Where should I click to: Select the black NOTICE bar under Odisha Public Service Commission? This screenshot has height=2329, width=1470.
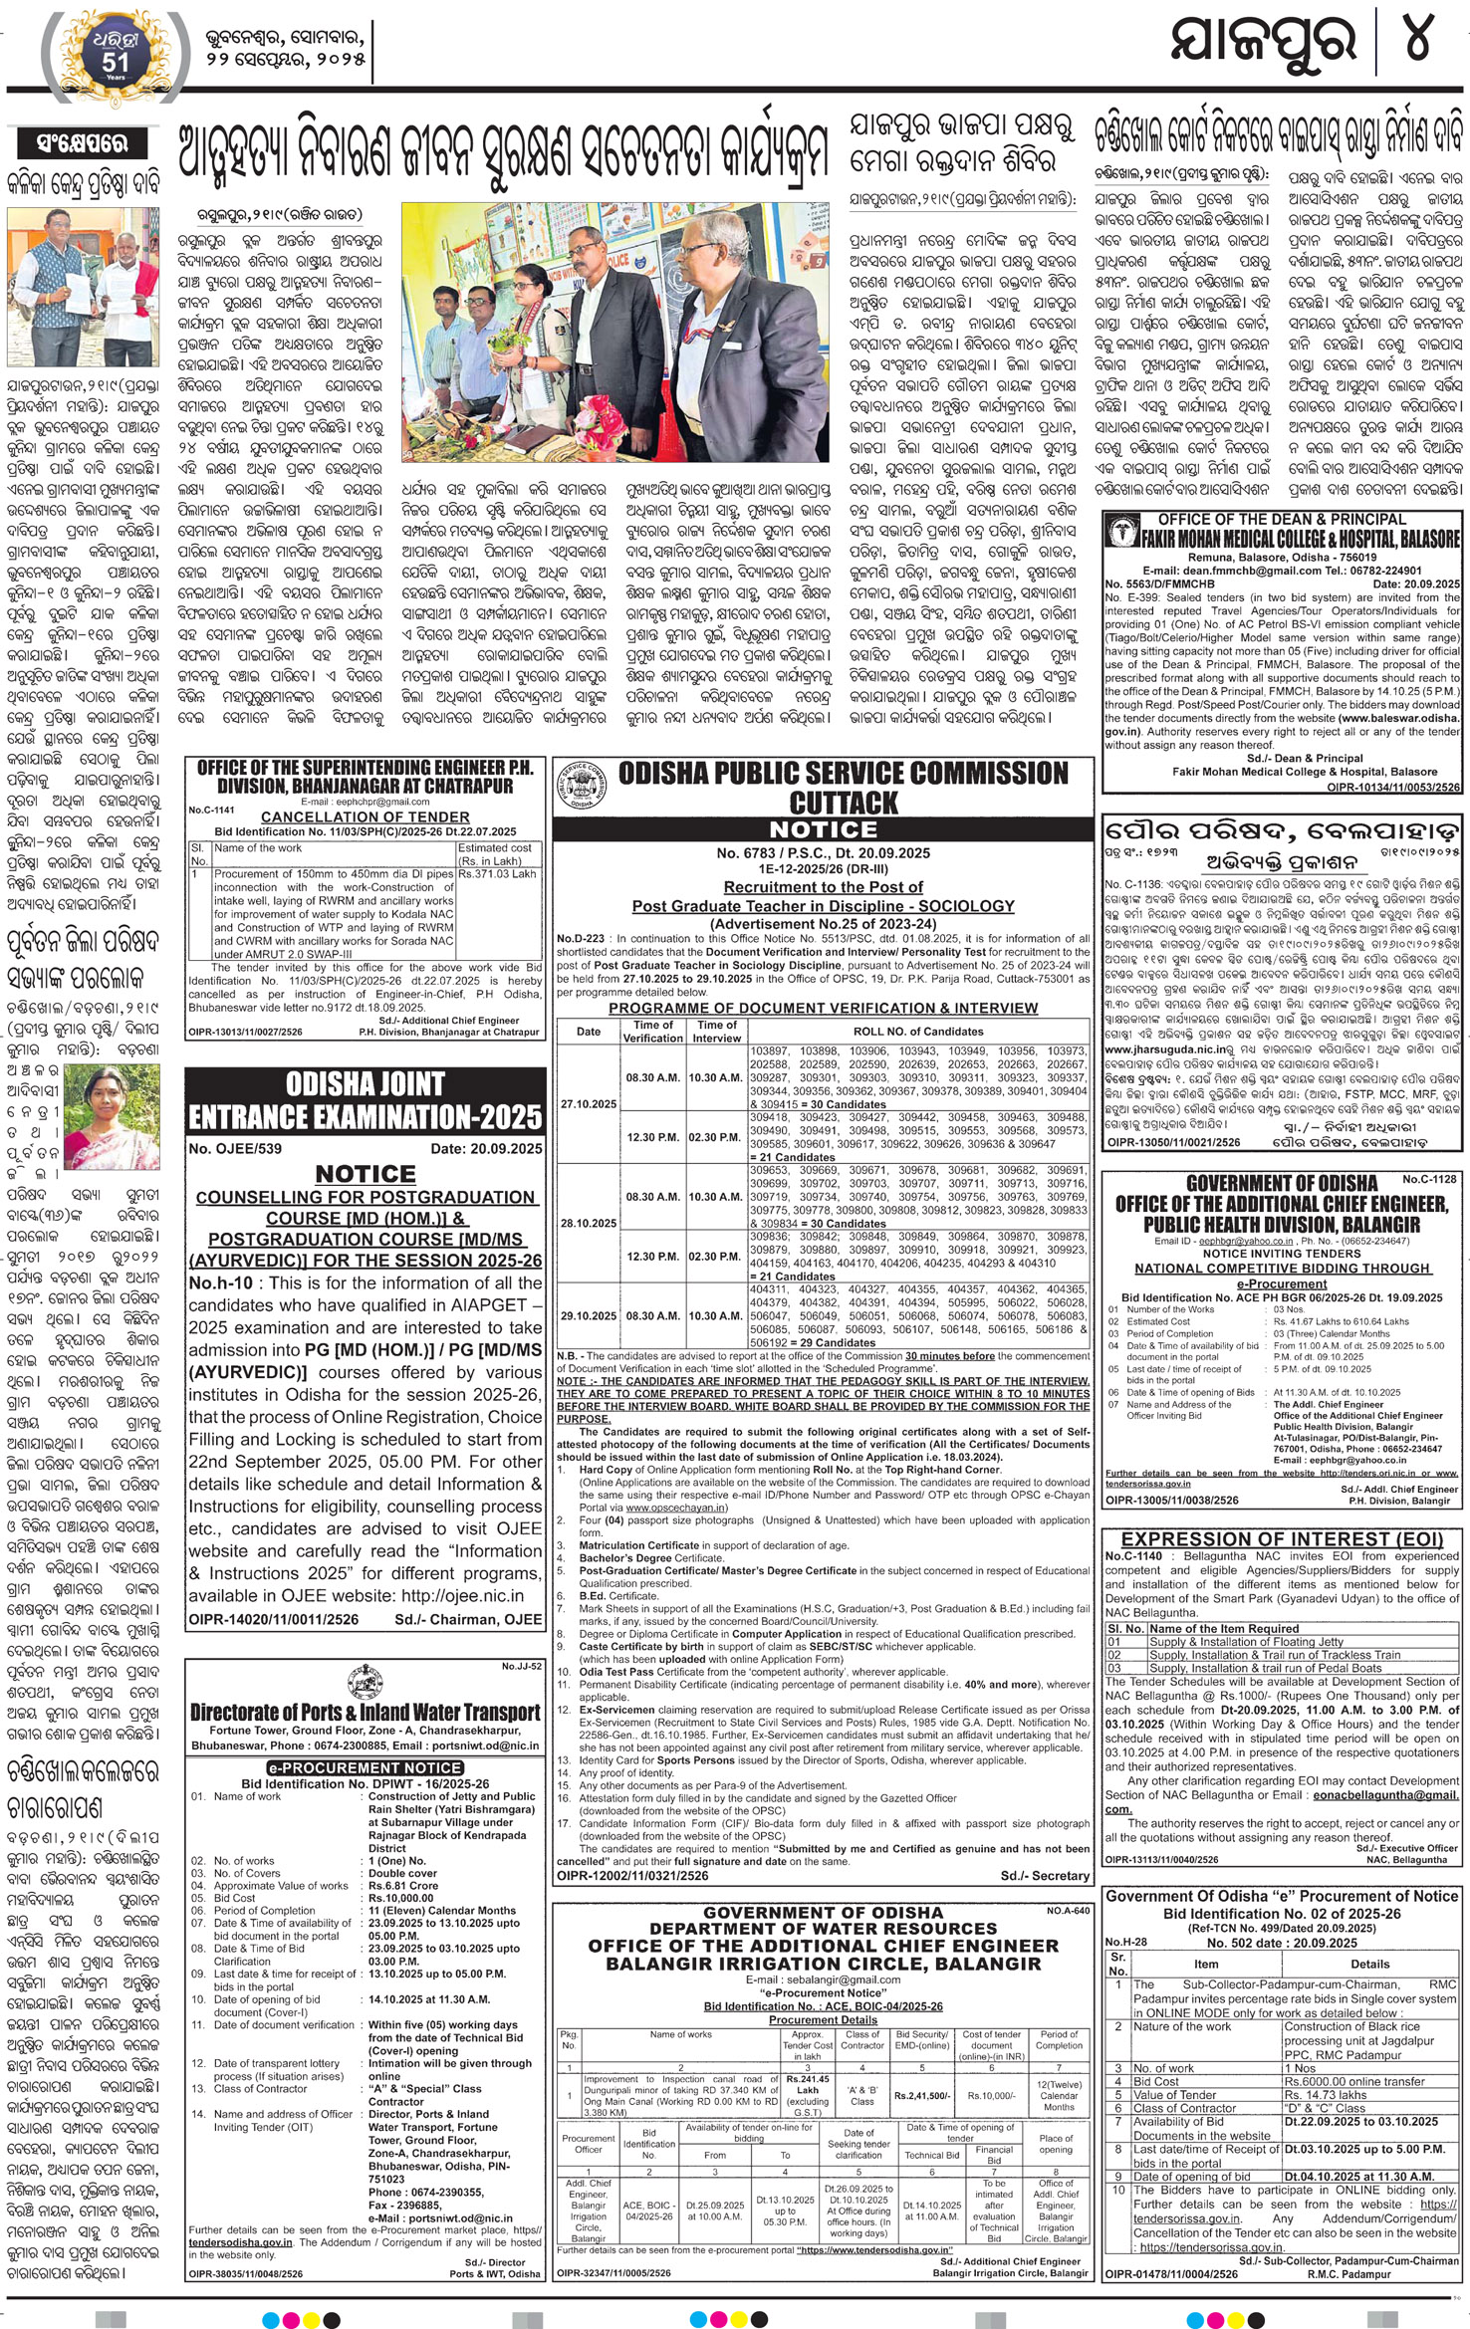(x=823, y=829)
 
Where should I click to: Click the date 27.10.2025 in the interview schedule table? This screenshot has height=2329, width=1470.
(x=588, y=1103)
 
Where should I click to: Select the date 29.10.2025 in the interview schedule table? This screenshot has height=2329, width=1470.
(x=588, y=1315)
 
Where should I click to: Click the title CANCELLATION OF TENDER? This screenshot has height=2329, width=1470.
(x=365, y=816)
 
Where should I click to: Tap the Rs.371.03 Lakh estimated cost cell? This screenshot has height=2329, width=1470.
(x=497, y=873)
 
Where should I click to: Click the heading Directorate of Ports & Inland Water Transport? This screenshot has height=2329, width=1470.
(x=365, y=1712)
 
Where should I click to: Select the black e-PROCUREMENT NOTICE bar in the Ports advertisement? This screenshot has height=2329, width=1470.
(x=365, y=1767)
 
